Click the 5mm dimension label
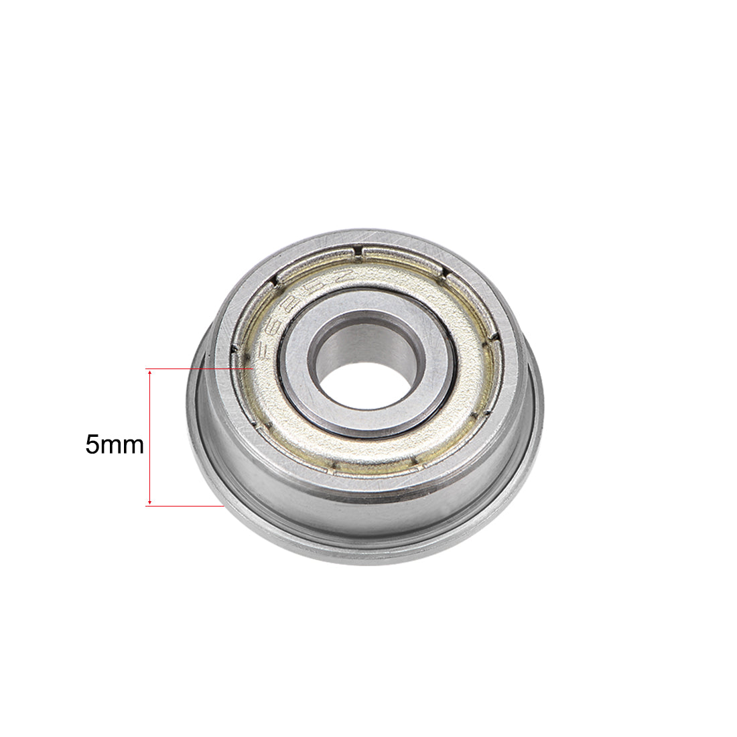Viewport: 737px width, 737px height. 115,445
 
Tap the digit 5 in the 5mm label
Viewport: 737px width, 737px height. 92,445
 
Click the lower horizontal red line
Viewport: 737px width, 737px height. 184,506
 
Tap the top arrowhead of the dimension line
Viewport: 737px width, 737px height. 149,372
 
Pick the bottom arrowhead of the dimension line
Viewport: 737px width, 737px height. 149,503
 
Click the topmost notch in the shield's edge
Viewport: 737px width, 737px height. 361,253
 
